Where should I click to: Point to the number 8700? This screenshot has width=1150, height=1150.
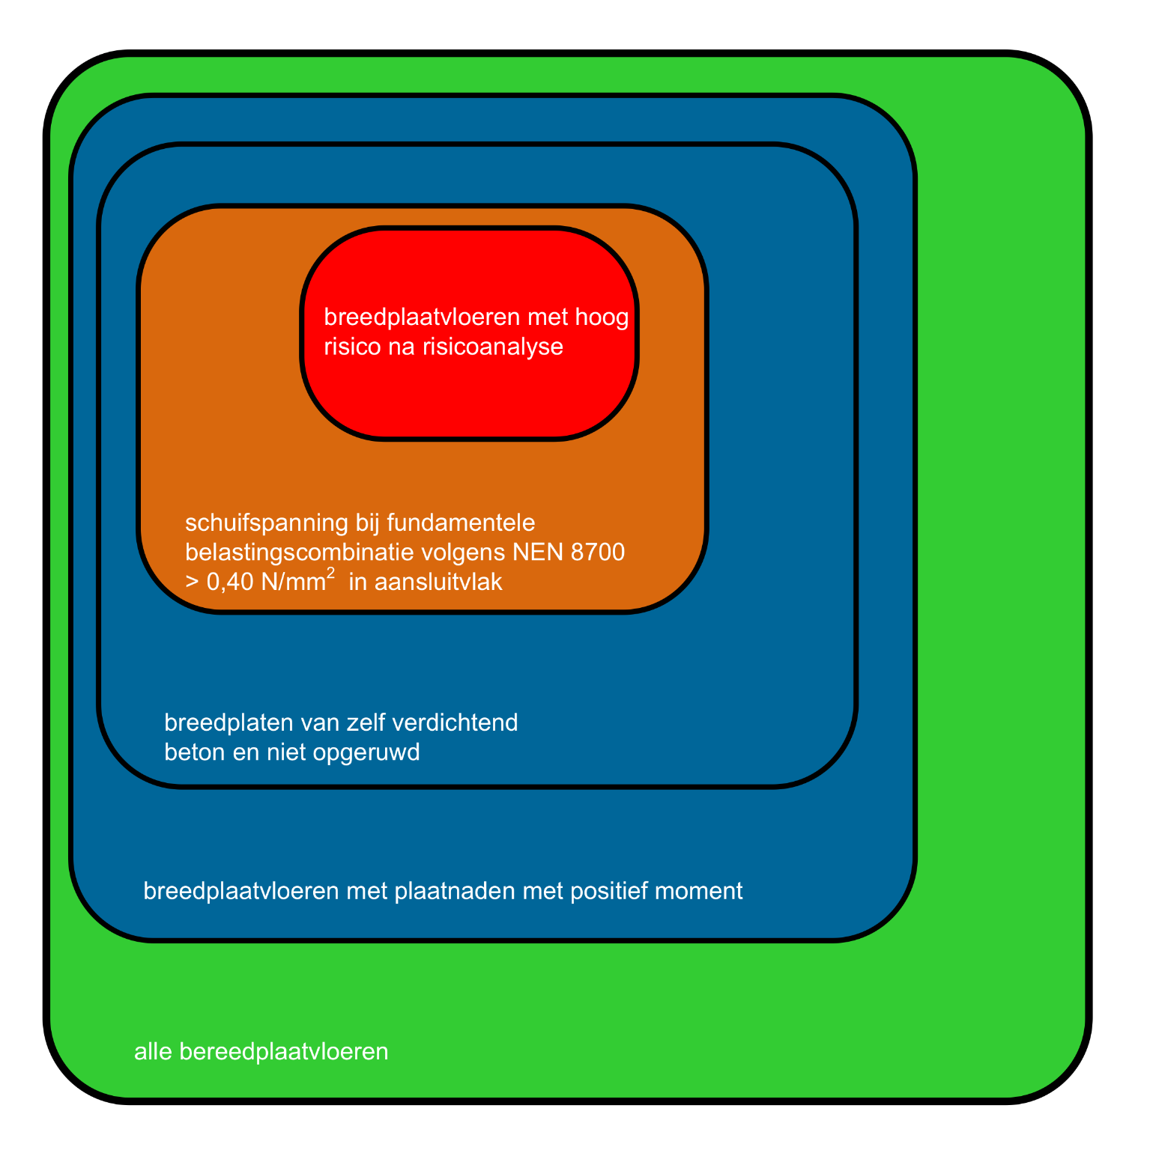[597, 553]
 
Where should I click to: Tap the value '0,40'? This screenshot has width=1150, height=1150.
[230, 582]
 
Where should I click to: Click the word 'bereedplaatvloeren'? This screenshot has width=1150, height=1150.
[284, 1052]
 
